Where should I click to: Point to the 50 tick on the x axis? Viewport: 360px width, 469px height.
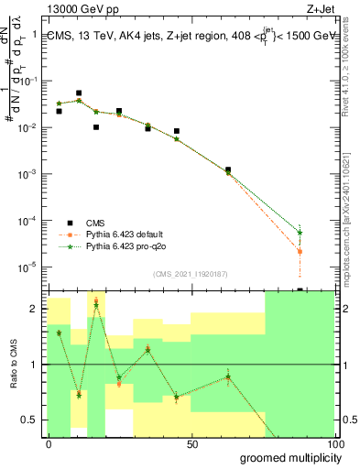192,444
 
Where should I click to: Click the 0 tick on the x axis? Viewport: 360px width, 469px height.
49,444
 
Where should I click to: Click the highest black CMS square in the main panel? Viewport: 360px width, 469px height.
79,93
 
